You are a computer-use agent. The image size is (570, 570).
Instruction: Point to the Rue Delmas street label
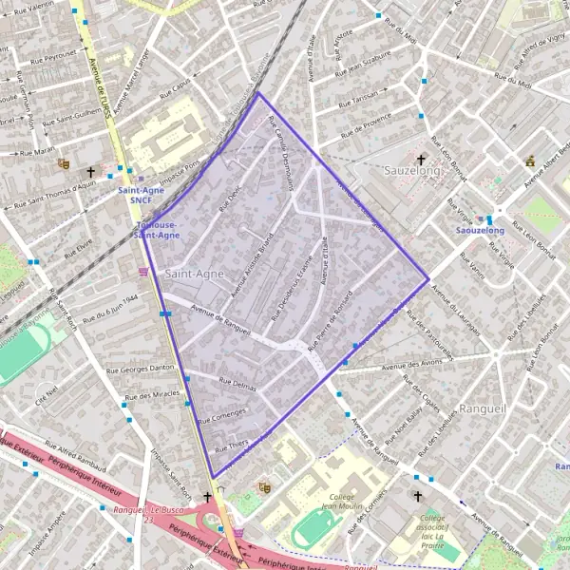pos(237,383)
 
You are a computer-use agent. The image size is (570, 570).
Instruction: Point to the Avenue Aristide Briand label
pos(248,257)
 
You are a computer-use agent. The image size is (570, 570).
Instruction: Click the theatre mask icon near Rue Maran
pos(64,163)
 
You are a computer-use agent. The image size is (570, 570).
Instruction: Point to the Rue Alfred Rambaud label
pos(74,454)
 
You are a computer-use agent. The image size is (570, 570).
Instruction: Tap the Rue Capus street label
pos(178,92)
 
